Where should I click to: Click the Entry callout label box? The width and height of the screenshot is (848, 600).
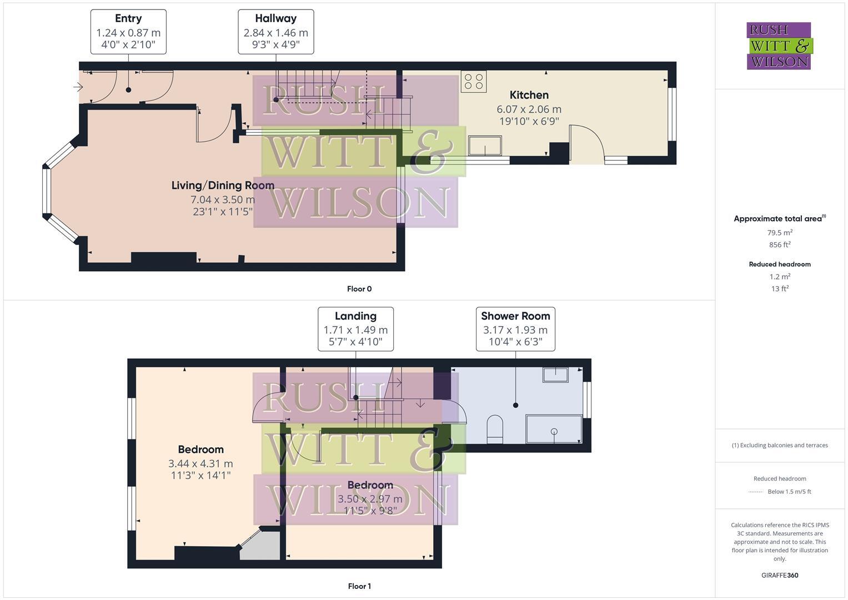coord(128,32)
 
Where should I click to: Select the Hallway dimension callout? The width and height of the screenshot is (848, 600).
coord(275,32)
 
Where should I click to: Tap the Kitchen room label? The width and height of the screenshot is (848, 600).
coord(529,95)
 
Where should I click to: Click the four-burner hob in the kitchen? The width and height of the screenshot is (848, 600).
coord(473,81)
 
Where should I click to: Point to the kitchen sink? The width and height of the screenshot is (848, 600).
coord(484,146)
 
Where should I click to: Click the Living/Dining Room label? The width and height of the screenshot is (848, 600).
coord(222,186)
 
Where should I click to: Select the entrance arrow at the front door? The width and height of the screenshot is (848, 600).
coord(78,87)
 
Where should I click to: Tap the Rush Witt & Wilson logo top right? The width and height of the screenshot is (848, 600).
coord(779,46)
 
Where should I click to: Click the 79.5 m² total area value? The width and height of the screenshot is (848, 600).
coord(779,233)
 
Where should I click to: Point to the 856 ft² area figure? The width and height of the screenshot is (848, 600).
coord(779,244)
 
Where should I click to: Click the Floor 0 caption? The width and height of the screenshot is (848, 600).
coord(359,289)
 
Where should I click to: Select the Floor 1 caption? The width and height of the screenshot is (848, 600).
coord(359,586)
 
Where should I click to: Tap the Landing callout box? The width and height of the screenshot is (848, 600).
coord(355,329)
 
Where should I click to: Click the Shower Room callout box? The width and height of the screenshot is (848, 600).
coord(515,329)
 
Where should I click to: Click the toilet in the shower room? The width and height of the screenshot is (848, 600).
coord(494,429)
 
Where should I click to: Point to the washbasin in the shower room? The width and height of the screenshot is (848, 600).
coord(555,374)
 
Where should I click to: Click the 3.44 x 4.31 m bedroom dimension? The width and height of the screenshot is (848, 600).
coord(200,463)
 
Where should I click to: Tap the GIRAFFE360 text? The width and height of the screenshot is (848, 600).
coord(779,575)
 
